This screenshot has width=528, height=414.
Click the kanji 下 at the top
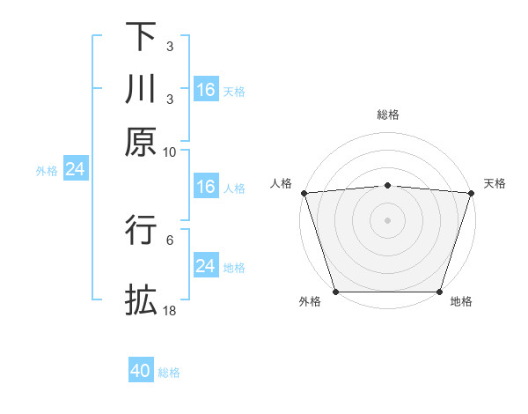[x=141, y=36]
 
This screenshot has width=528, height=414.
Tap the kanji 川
[x=141, y=88]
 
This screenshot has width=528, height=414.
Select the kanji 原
[x=141, y=140]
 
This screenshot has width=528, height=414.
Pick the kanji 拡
[x=141, y=299]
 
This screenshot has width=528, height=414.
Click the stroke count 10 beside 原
[x=170, y=152]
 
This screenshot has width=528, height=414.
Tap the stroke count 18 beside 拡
[x=170, y=311]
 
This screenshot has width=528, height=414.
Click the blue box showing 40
[x=141, y=371]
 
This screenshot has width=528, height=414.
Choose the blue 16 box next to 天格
[x=205, y=89]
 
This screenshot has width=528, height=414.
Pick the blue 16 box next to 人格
[x=205, y=187]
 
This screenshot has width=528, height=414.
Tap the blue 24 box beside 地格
[x=205, y=266]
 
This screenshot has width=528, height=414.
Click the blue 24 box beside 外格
[x=75, y=169]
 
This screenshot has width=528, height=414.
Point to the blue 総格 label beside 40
[x=169, y=373]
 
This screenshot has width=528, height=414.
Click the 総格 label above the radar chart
[x=387, y=115]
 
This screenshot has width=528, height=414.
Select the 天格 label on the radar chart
[x=495, y=183]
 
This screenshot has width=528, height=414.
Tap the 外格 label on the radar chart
[x=310, y=301]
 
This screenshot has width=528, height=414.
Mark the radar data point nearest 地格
[x=439, y=292]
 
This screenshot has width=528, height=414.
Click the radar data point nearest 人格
[x=304, y=193]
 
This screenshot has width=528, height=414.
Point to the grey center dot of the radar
[x=387, y=219]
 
